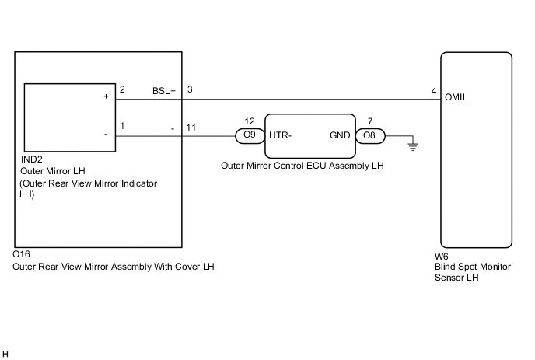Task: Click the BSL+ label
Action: pos(164,91)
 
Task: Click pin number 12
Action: pos(249,121)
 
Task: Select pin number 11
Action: pos(191,127)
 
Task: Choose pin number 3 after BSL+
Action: pos(190,90)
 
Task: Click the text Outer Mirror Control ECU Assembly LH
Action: pos(303,166)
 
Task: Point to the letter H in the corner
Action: pos(5,354)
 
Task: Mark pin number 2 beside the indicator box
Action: pos(122,90)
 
